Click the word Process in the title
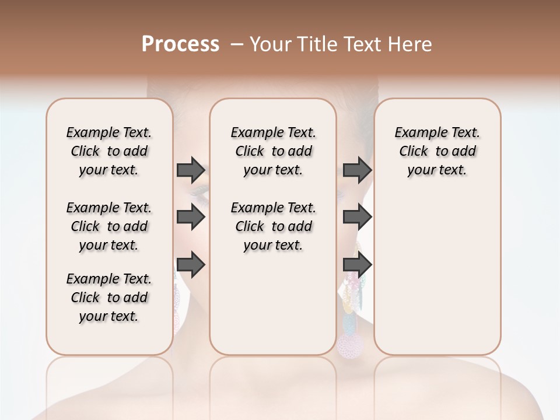pyautogui.click(x=180, y=44)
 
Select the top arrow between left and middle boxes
pyautogui.click(x=191, y=170)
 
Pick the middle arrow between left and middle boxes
pyautogui.click(x=191, y=218)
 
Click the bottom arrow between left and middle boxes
pyautogui.click(x=191, y=265)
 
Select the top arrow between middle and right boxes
pyautogui.click(x=357, y=170)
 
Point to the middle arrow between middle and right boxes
pyautogui.click(x=357, y=218)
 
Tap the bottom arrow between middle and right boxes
pyautogui.click(x=357, y=265)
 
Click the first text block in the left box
pyautogui.click(x=109, y=151)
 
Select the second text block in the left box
pyautogui.click(x=109, y=226)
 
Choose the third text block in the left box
pyautogui.click(x=109, y=297)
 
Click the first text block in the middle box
pyautogui.click(x=273, y=151)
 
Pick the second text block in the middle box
pyautogui.click(x=273, y=226)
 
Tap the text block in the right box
pyautogui.click(x=437, y=151)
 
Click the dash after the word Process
pyautogui.click(x=237, y=44)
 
